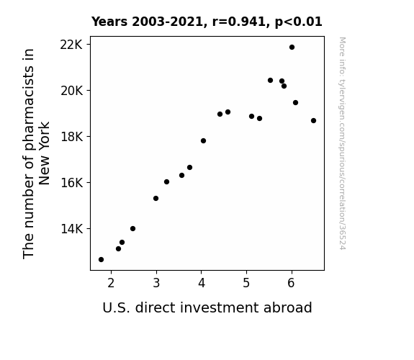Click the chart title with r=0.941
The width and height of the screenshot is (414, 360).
[x=207, y=22]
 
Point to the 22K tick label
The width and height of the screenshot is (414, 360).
[x=71, y=45]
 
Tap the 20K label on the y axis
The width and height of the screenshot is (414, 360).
[x=71, y=91]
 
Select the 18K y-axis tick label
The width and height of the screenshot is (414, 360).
[x=71, y=137]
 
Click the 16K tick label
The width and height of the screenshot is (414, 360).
[x=71, y=183]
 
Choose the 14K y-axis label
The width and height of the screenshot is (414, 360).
[x=71, y=229]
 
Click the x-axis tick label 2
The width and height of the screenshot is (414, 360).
[x=111, y=283]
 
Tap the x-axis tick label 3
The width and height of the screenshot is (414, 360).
[x=156, y=283]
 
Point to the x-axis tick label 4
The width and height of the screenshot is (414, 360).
[x=202, y=283]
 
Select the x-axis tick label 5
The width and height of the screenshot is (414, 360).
[x=246, y=283]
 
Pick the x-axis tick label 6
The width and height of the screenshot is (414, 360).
[x=291, y=283]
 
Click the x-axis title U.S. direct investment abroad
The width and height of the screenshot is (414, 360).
[x=207, y=307]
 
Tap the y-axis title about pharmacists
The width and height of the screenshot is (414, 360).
[x=36, y=153]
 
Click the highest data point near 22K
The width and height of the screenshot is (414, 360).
[x=292, y=48]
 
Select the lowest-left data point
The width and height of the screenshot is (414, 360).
[x=101, y=260]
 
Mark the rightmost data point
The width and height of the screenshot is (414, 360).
[x=313, y=121]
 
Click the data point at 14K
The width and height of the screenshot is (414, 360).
[x=132, y=229]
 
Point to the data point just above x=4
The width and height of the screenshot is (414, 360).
[x=203, y=141]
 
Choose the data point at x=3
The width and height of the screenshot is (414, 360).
[x=156, y=198]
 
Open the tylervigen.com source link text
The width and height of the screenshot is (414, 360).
[x=343, y=143]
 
